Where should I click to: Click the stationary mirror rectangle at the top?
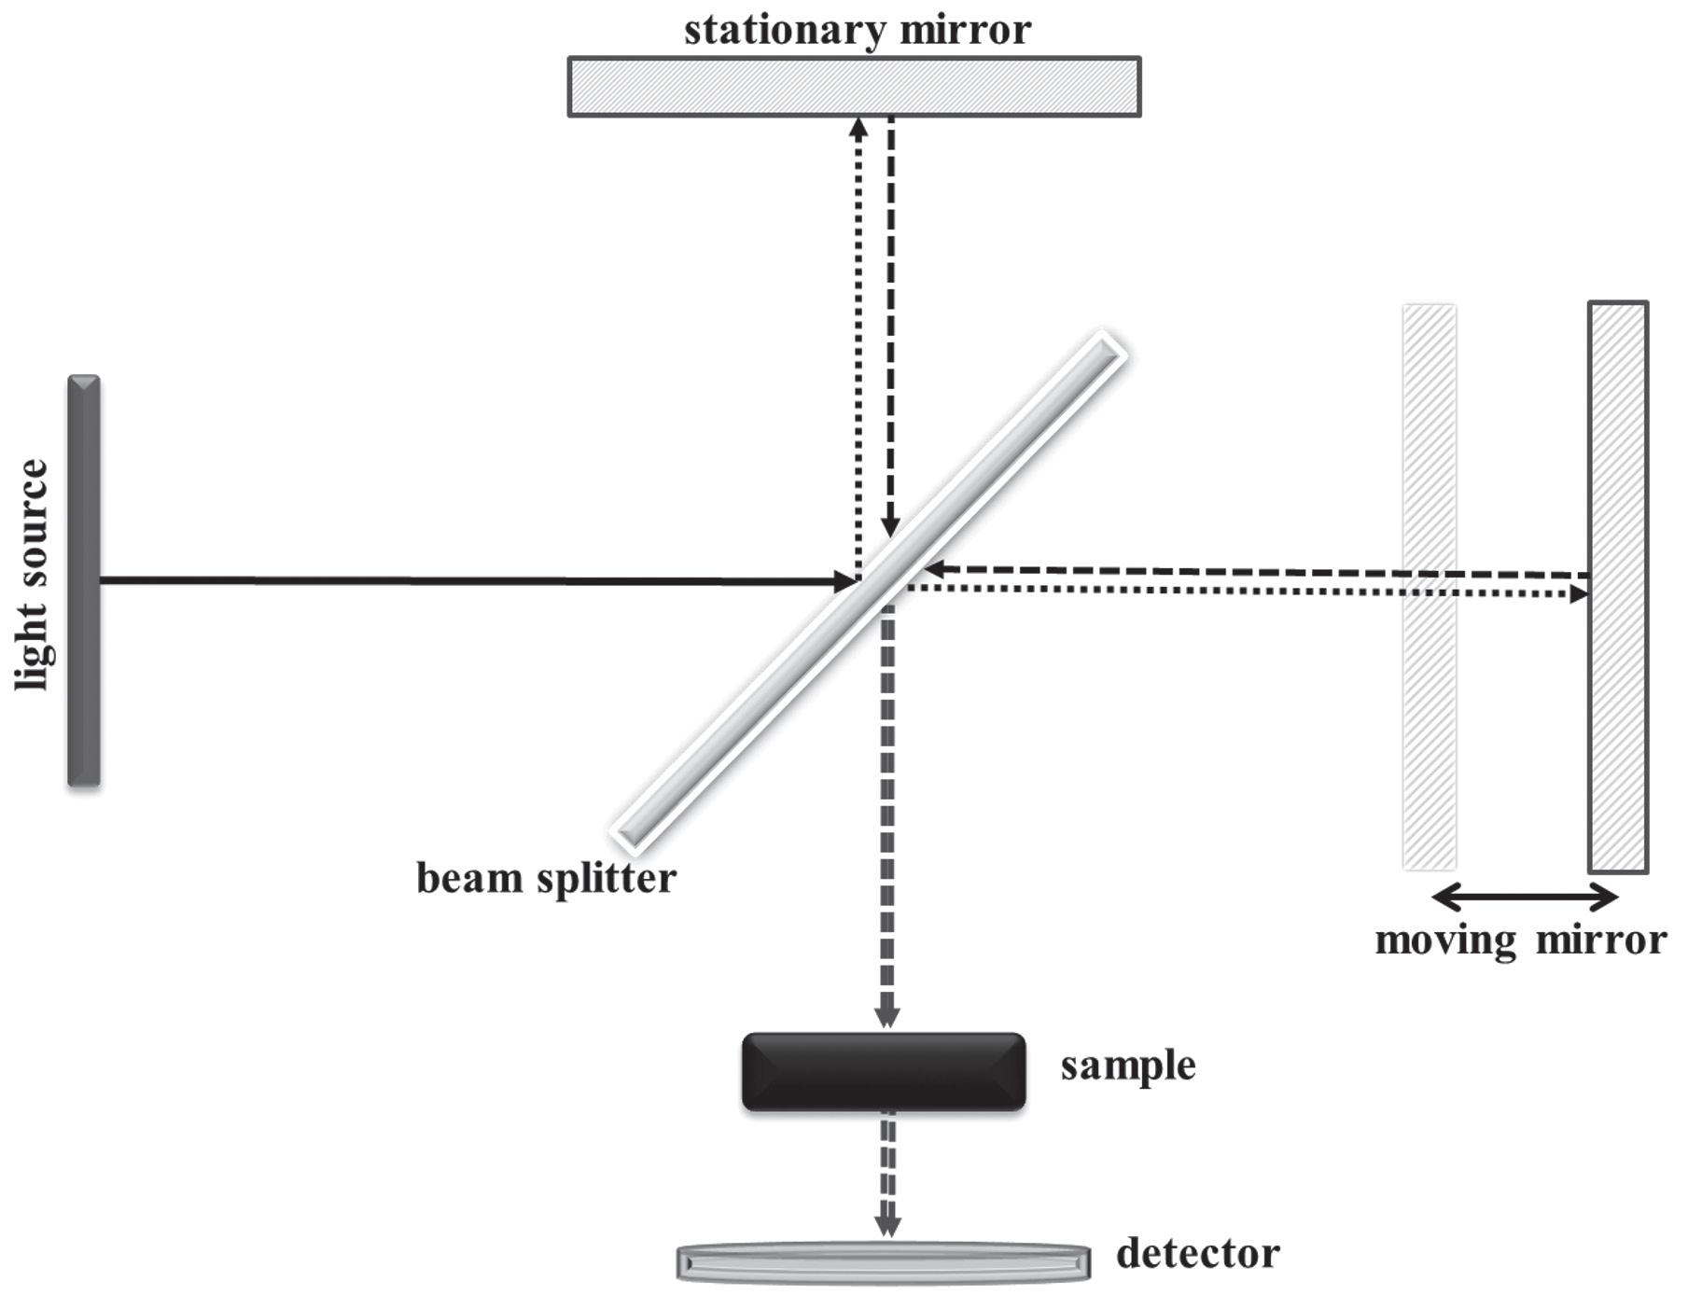pyautogui.click(x=854, y=87)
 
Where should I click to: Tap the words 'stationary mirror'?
pyautogui.click(x=857, y=29)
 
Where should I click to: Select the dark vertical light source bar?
pyautogui.click(x=83, y=580)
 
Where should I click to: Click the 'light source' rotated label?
pyautogui.click(x=34, y=575)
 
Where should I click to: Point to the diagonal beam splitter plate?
pyautogui.click(x=869, y=592)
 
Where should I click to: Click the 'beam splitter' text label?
pyautogui.click(x=546, y=879)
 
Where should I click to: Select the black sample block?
pyautogui.click(x=883, y=1071)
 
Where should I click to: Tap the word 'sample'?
pyautogui.click(x=1127, y=1065)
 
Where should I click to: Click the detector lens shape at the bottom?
pyautogui.click(x=883, y=1262)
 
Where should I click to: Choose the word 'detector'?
pyautogui.click(x=1197, y=1254)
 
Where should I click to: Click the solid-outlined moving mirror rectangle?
pyautogui.click(x=1618, y=587)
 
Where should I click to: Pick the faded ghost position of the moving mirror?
pyautogui.click(x=1429, y=587)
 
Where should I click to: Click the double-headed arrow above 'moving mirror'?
pyautogui.click(x=1524, y=898)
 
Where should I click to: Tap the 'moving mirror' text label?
pyautogui.click(x=1520, y=940)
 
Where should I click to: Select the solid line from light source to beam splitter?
pyautogui.click(x=467, y=580)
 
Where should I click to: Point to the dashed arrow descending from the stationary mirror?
pyautogui.click(x=890, y=327)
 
